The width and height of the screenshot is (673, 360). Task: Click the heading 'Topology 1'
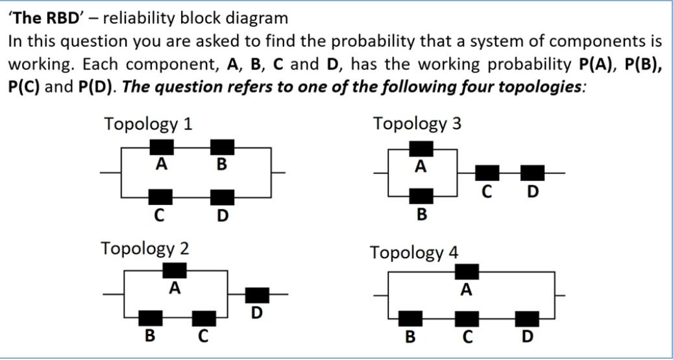click(x=148, y=123)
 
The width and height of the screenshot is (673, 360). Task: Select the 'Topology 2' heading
click(x=145, y=248)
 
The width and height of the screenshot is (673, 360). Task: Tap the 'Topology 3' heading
click(x=417, y=123)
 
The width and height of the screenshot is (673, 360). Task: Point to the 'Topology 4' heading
click(x=414, y=252)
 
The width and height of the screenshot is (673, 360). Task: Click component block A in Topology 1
click(x=162, y=147)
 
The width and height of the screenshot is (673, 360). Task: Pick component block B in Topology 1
click(x=222, y=147)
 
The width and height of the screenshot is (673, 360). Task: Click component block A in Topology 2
click(x=174, y=270)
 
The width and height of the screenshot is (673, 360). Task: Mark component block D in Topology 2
click(x=257, y=295)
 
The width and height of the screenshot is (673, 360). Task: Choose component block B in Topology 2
click(x=151, y=318)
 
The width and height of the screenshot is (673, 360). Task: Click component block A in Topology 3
click(x=421, y=149)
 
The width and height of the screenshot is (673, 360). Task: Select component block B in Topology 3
click(x=421, y=196)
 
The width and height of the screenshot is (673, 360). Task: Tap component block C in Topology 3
click(x=487, y=173)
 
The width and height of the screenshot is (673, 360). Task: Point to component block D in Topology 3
click(x=533, y=173)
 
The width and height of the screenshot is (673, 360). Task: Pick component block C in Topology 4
click(x=467, y=318)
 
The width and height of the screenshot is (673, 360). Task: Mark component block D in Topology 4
click(x=527, y=318)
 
